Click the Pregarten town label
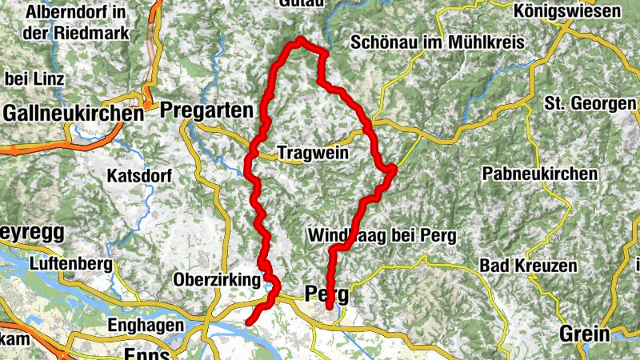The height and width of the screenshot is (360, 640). [206, 110]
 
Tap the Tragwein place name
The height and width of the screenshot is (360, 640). [313, 152]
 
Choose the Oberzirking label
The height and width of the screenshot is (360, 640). [216, 280]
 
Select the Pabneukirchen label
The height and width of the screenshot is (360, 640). [540, 174]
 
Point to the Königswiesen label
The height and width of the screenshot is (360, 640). [568, 11]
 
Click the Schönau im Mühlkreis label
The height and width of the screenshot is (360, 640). [437, 42]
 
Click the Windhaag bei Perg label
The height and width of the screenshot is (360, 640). [381, 236]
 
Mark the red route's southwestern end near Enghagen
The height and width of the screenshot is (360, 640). [248, 322]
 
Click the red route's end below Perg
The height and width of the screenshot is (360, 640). [329, 306]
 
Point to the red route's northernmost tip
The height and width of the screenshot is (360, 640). [301, 39]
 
